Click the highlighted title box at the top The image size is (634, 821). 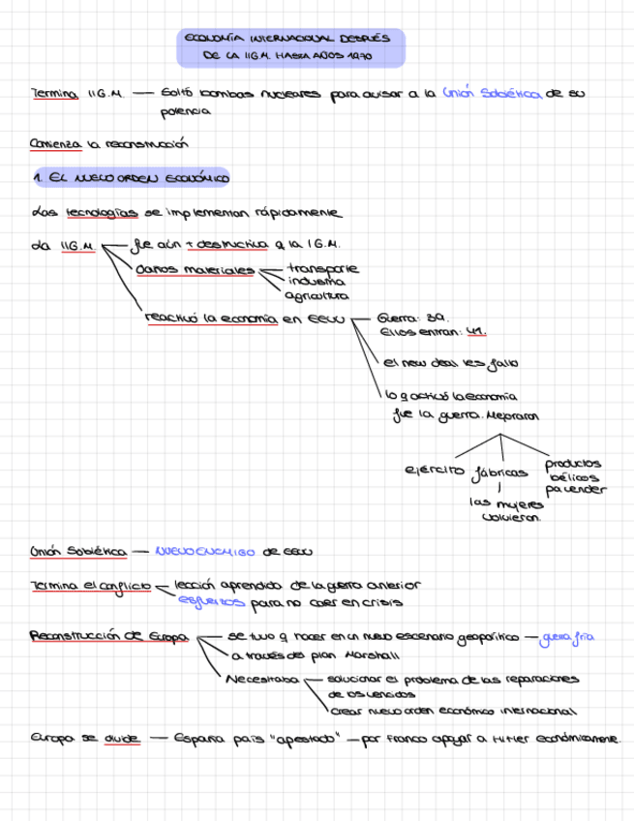tap(290, 48)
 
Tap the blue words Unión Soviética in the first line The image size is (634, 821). tap(491, 94)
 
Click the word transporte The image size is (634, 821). tap(322, 268)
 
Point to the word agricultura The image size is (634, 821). tap(317, 296)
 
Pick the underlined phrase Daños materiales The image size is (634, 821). tap(195, 270)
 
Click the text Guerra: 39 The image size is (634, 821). tap(411, 317)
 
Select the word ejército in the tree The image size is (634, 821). tap(435, 471)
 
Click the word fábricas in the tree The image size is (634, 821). tap(499, 473)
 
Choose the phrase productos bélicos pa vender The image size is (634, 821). tap(574, 476)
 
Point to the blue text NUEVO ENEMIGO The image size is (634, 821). tap(204, 552)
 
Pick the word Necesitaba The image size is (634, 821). tap(262, 680)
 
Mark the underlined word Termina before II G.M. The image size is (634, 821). tap(54, 94)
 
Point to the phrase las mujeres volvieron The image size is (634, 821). tap(506, 510)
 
